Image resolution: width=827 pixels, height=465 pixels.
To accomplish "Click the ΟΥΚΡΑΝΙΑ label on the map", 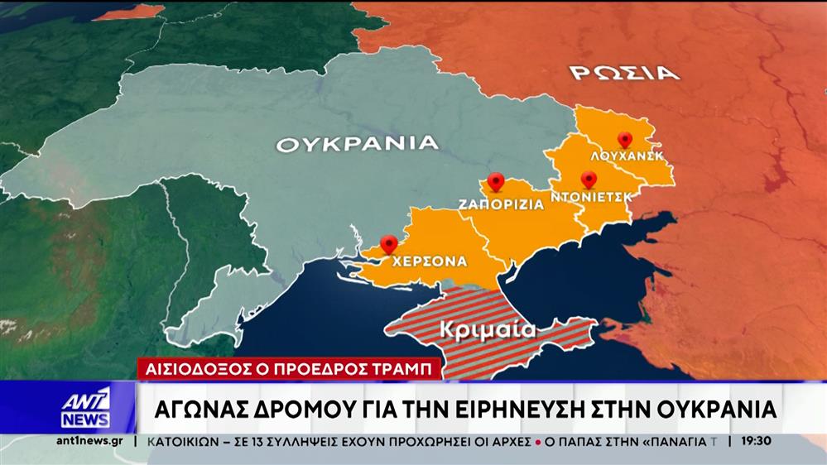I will click(x=357, y=143).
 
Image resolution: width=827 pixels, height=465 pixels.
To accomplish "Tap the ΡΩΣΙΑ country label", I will click(x=624, y=72).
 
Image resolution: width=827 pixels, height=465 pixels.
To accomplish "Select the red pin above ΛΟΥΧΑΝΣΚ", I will click(x=625, y=140).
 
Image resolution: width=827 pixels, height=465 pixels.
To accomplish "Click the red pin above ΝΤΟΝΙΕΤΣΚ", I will click(x=589, y=179).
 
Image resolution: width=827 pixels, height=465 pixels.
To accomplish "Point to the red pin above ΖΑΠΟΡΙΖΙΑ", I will click(x=496, y=181).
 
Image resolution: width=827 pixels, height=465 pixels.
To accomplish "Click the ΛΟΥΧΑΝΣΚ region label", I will click(x=627, y=156).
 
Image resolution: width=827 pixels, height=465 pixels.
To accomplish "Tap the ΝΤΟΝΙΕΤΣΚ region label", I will click(x=591, y=197).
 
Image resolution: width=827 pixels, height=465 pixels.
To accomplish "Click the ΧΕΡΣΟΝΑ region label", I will click(x=430, y=261).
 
